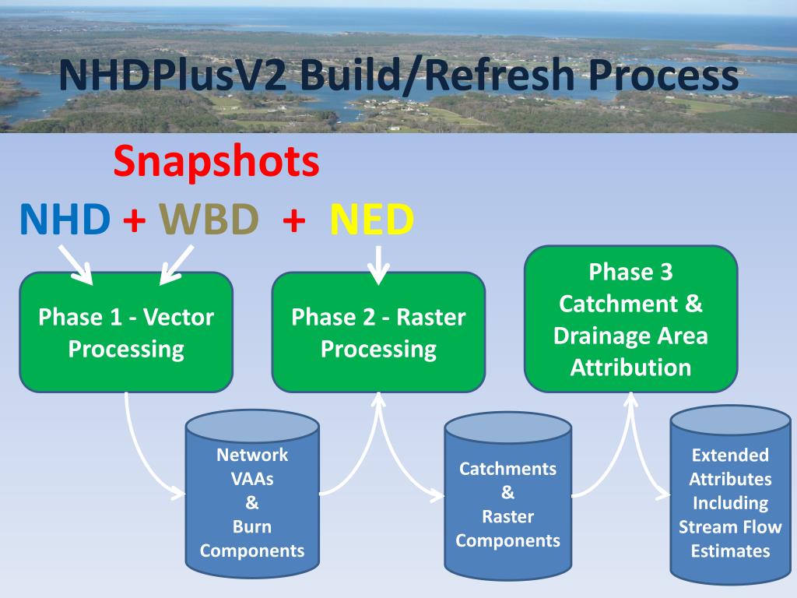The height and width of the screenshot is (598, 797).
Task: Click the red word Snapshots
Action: click(216, 162)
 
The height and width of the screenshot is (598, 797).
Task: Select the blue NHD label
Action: click(65, 220)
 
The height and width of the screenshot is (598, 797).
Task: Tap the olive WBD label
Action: click(209, 220)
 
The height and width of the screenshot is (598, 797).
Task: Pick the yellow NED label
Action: click(372, 220)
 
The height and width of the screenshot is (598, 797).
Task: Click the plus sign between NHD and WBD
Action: click(135, 221)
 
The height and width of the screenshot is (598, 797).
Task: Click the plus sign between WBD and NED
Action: click(294, 221)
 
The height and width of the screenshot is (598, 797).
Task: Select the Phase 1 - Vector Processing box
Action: click(126, 332)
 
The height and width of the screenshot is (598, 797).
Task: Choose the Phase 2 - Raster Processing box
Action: click(378, 332)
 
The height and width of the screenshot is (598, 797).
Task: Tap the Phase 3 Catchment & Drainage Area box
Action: click(630, 319)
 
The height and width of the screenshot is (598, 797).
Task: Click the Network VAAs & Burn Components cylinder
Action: click(252, 498)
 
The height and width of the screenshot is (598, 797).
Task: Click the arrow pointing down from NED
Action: click(378, 266)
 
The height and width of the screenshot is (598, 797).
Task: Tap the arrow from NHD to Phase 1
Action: click(75, 266)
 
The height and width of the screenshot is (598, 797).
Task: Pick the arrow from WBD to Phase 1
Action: click(177, 266)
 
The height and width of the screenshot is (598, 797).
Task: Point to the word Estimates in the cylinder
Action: click(730, 551)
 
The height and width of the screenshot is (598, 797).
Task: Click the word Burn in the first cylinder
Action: click(252, 526)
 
